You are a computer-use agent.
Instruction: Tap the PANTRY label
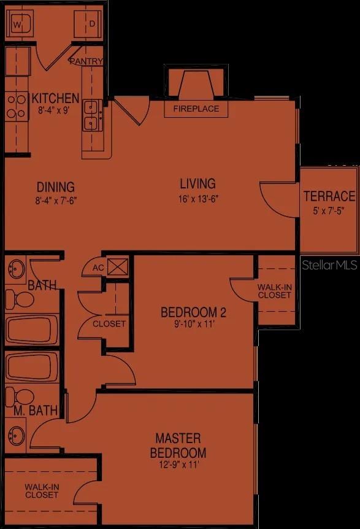click(x=85, y=61)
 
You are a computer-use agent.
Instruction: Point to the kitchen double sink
click(x=93, y=116)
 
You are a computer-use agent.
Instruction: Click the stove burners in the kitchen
click(x=17, y=106)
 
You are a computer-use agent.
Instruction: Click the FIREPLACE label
click(x=196, y=109)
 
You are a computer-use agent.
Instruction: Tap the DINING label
click(x=55, y=187)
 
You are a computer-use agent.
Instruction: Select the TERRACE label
click(x=329, y=196)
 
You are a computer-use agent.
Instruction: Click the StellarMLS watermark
click(x=329, y=265)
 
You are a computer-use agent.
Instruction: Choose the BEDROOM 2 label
click(x=193, y=312)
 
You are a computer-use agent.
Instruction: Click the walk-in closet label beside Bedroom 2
click(x=274, y=291)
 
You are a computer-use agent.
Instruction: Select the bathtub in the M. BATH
click(x=32, y=366)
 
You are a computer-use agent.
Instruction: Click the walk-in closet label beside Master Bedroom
click(x=42, y=490)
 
